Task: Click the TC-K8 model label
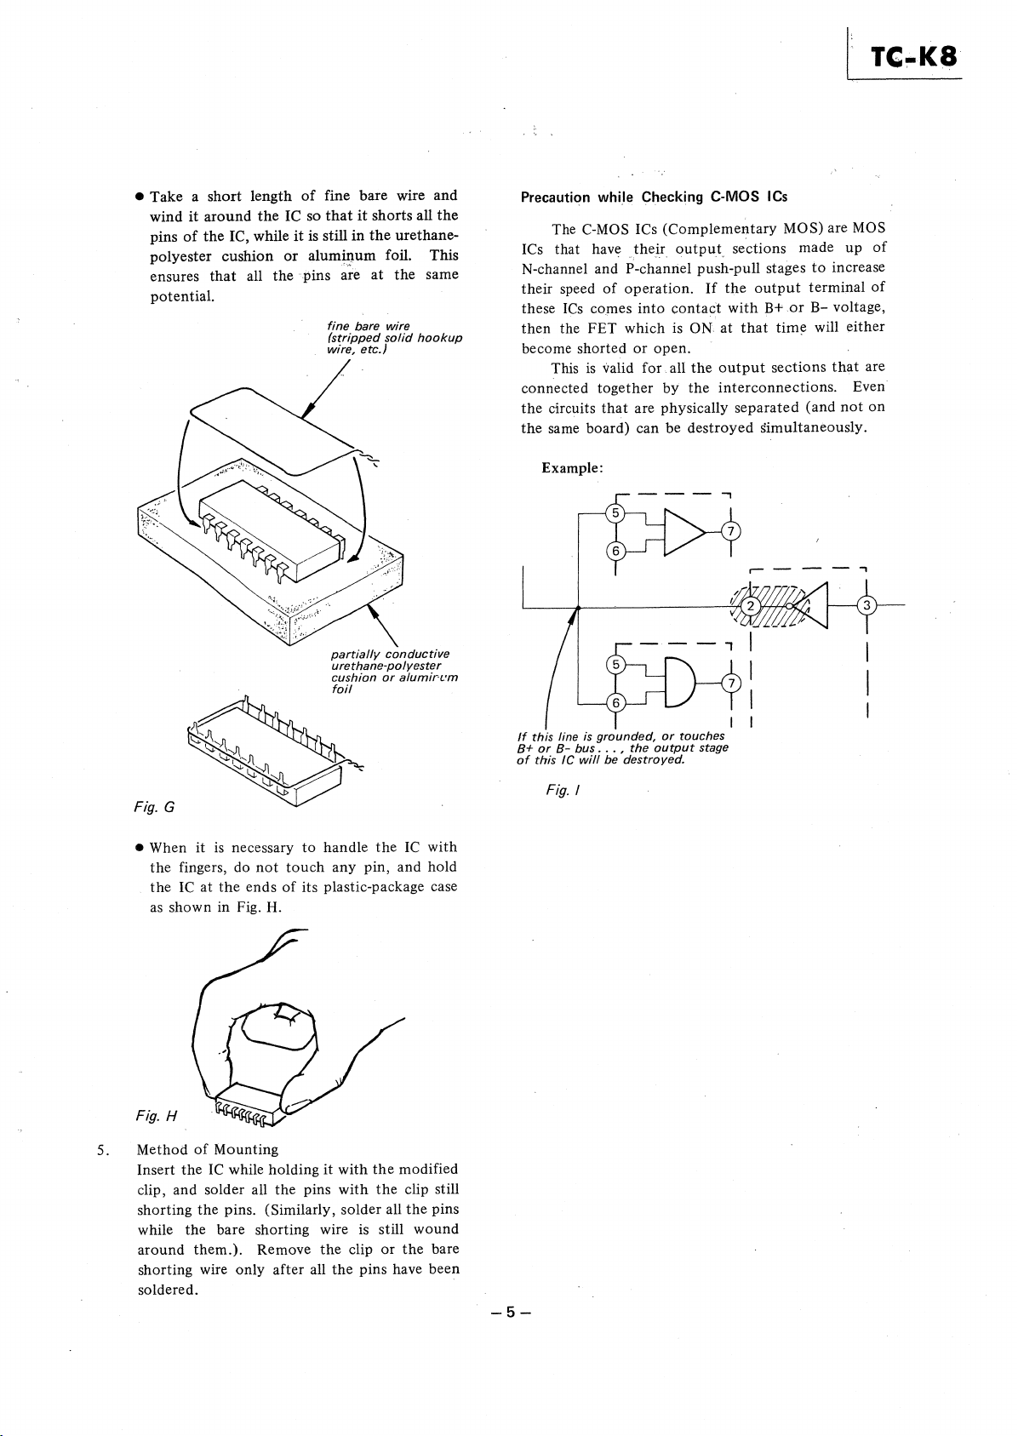[x=913, y=58]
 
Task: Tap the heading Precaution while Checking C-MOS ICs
[x=654, y=197]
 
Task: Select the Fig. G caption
[x=154, y=807]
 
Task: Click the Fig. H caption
[x=156, y=1116]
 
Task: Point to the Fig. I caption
[x=563, y=791]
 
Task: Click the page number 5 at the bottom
[x=511, y=1313]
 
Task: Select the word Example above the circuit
[x=572, y=468]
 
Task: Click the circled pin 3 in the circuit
[x=866, y=605]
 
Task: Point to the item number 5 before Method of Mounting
[x=100, y=1149]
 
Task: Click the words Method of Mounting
[x=208, y=1149]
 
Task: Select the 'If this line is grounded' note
[x=622, y=747]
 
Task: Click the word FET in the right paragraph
[x=602, y=329]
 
